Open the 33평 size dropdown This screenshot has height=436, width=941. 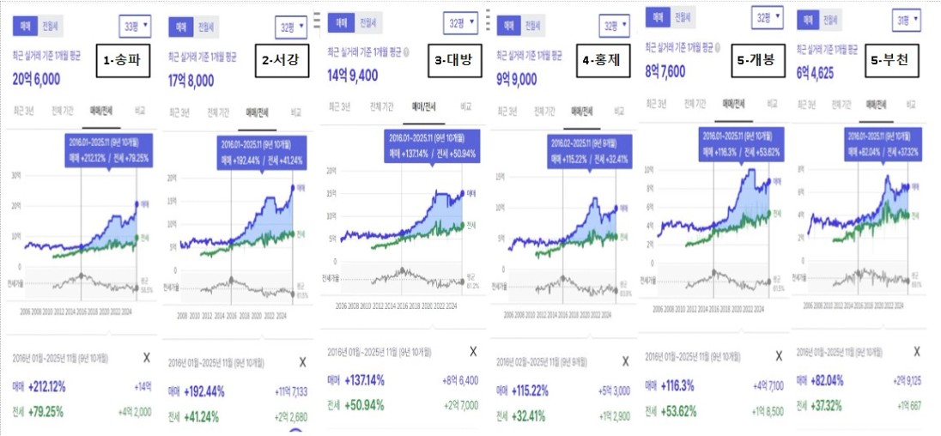coord(134,27)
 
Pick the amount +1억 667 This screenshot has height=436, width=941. coord(908,404)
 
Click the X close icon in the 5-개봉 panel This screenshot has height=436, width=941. coord(779,355)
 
